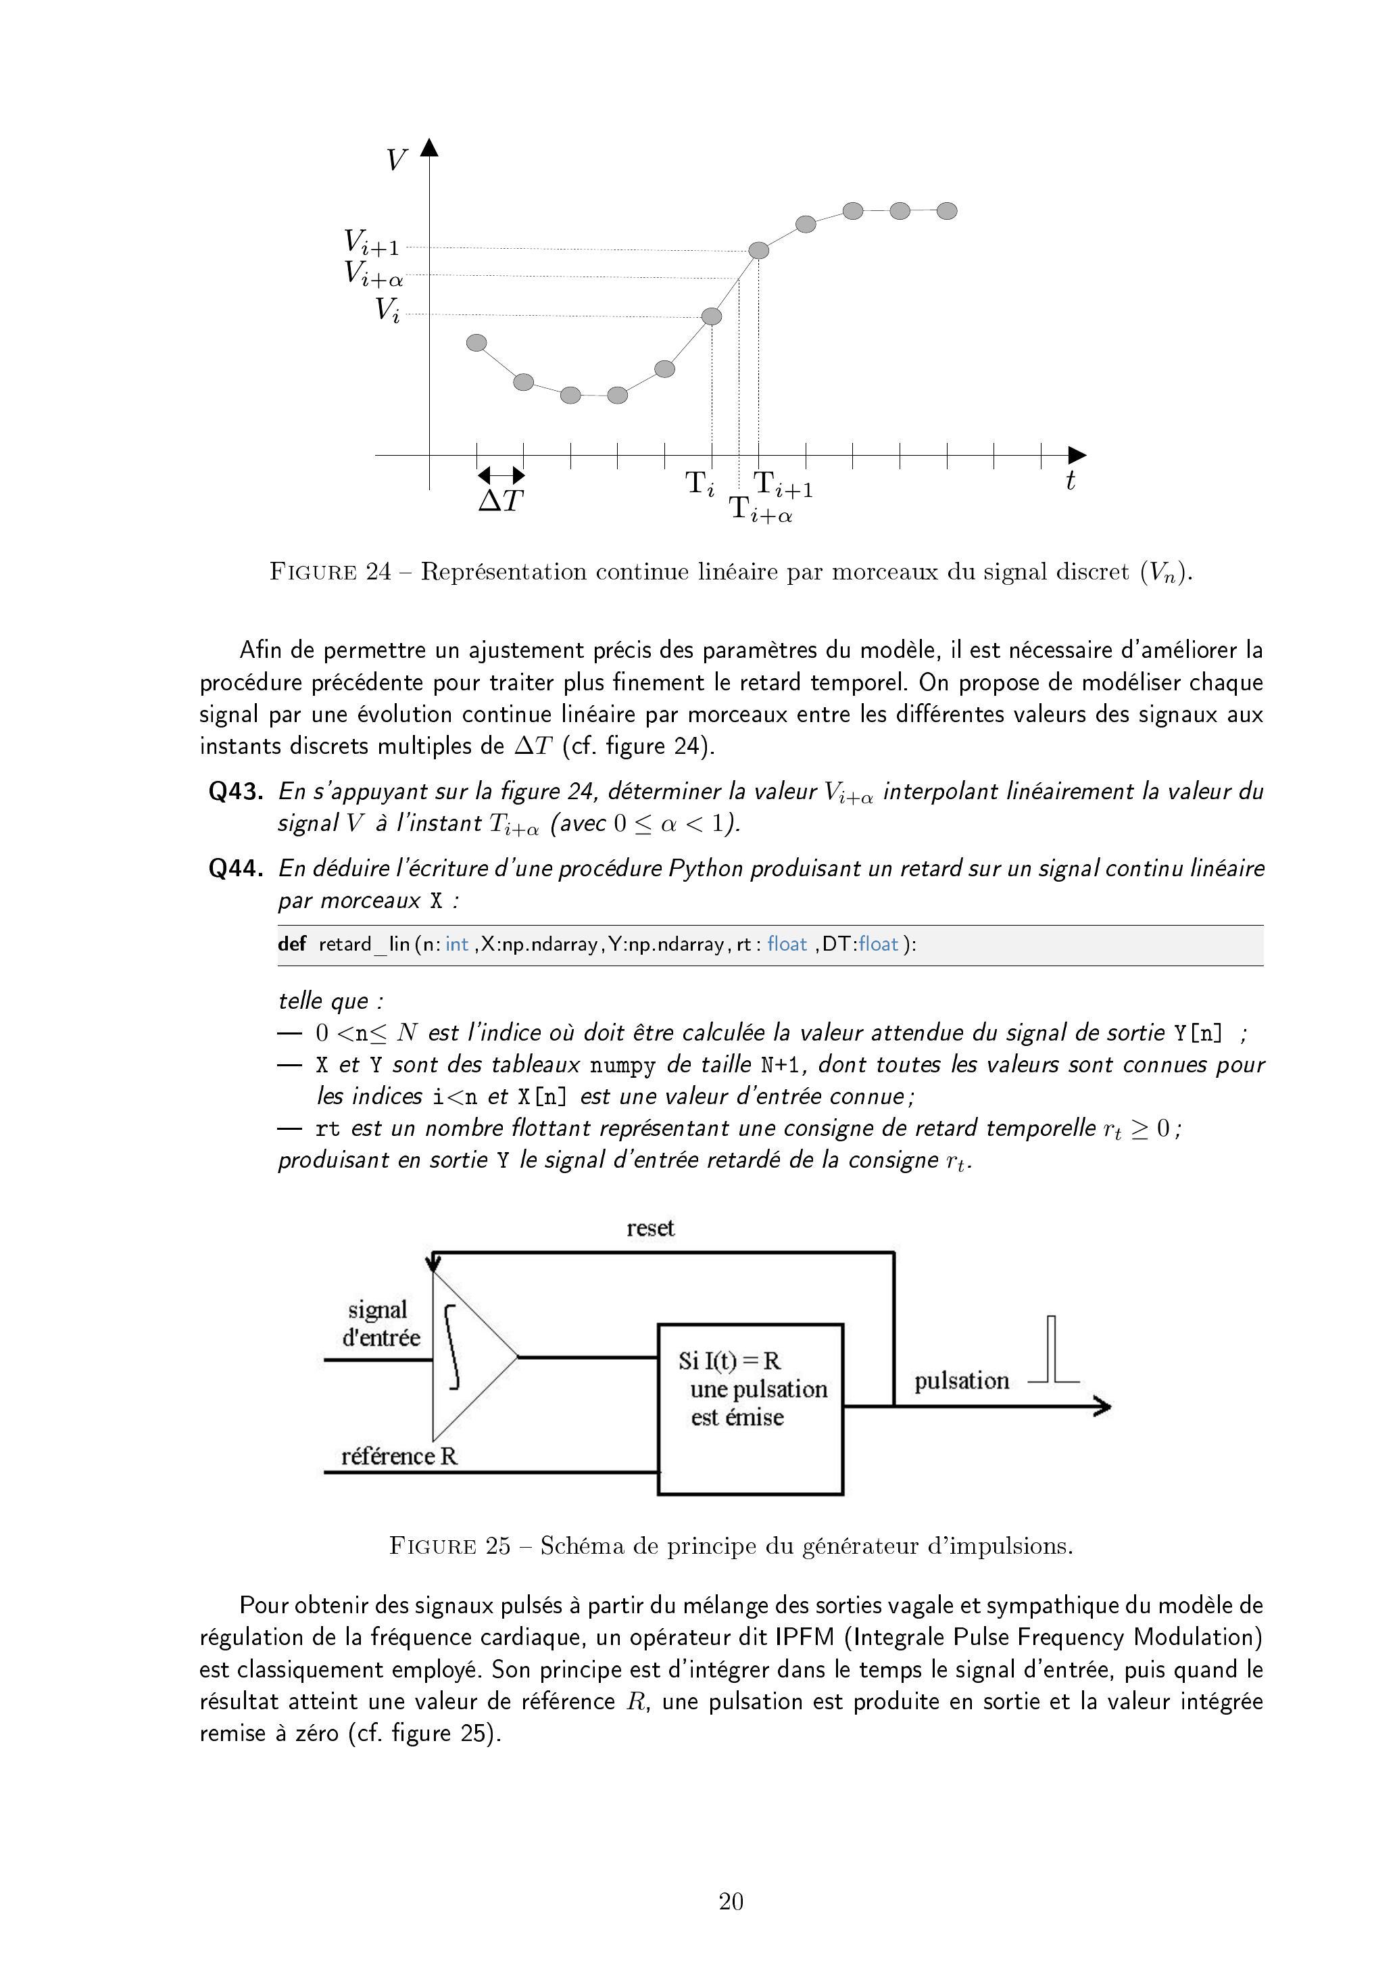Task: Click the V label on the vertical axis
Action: [x=396, y=160]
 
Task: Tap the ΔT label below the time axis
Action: [x=501, y=501]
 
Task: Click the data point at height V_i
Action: [x=712, y=317]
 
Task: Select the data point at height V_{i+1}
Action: [x=758, y=251]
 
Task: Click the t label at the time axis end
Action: [x=1070, y=481]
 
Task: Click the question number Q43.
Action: [x=236, y=791]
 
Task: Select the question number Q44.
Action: [x=236, y=868]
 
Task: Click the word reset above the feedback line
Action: [x=650, y=1228]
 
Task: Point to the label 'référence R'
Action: [x=399, y=1456]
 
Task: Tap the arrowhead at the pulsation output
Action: [x=1102, y=1407]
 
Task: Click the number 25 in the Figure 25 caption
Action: [x=497, y=1546]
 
